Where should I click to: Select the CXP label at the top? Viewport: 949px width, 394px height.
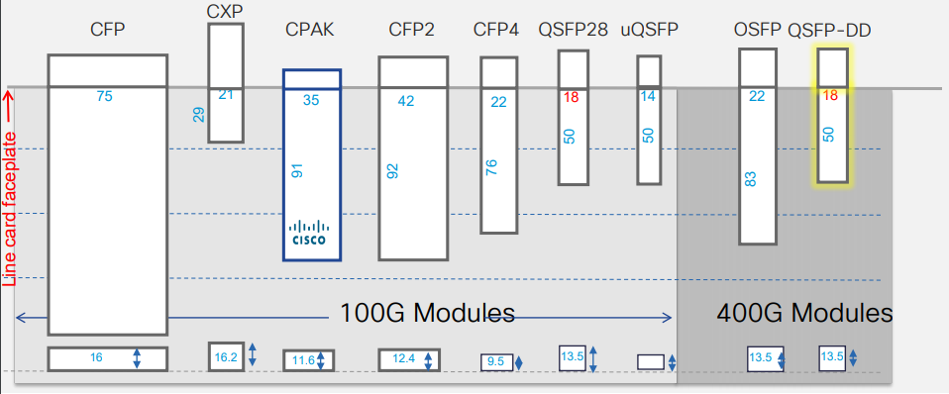[x=225, y=10]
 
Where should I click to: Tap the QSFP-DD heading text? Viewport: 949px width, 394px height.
[x=829, y=31]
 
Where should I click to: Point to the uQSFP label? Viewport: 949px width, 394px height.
[x=649, y=31]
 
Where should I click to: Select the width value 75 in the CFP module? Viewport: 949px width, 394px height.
[x=105, y=96]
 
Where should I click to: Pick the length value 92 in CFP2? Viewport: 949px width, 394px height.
[x=392, y=170]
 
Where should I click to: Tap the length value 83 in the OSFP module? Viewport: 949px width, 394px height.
[x=750, y=179]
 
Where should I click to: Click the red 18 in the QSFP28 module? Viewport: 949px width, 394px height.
[x=571, y=97]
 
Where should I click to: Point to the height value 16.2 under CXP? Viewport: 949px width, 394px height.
[x=225, y=356]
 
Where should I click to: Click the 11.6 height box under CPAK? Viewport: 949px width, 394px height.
[x=303, y=360]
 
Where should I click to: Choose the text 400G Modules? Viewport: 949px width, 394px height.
[x=804, y=314]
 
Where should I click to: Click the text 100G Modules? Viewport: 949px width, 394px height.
[x=427, y=314]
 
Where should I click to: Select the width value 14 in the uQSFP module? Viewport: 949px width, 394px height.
[x=648, y=97]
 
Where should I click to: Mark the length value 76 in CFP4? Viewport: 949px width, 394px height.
[x=491, y=167]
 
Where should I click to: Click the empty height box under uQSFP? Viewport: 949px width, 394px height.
[x=650, y=361]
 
